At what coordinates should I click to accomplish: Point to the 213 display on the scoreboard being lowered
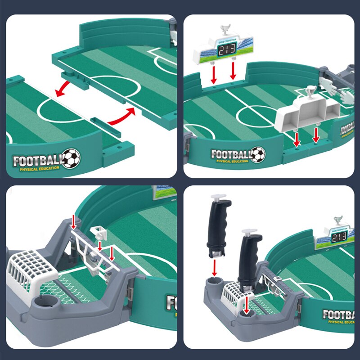click(x=227, y=51)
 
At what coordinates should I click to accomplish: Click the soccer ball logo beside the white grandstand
click(x=258, y=154)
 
